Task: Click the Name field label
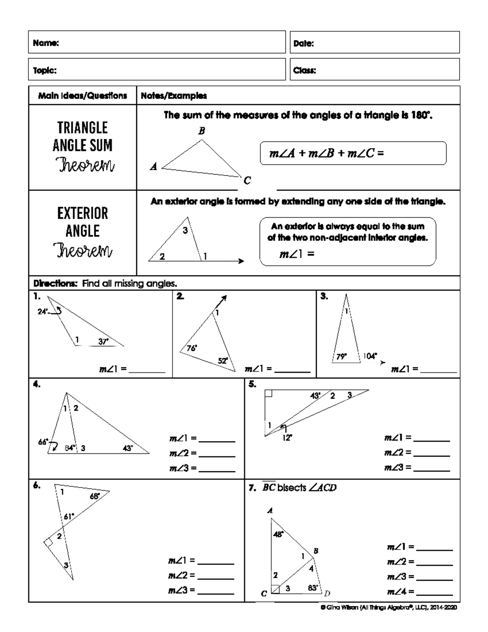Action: [46, 43]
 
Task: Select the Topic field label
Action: [45, 70]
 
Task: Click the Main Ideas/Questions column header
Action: [83, 96]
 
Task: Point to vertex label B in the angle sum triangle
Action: [201, 131]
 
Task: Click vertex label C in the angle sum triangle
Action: [247, 180]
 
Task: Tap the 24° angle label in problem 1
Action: [43, 312]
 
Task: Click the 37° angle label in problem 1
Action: [103, 342]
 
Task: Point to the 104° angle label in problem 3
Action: [370, 356]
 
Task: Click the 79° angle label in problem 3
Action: [342, 356]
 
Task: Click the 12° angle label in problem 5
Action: [288, 438]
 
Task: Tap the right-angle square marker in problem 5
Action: [268, 393]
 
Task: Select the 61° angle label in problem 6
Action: [69, 517]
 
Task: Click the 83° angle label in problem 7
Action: [313, 588]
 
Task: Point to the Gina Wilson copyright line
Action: [388, 608]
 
